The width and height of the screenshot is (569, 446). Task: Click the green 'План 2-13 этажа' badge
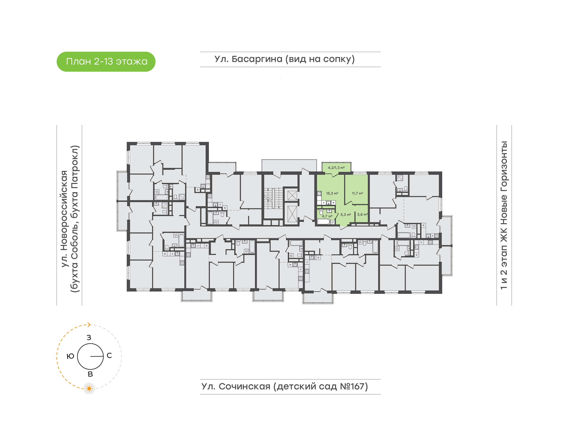(x=106, y=62)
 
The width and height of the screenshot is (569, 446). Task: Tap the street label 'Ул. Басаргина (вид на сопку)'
(x=284, y=59)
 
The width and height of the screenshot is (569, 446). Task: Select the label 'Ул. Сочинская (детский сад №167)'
(x=284, y=386)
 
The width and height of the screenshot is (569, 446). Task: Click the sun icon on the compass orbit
(x=89, y=389)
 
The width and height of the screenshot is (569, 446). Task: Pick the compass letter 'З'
(x=89, y=338)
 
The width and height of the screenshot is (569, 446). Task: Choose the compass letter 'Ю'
(x=70, y=356)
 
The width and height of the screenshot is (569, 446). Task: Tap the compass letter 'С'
(x=109, y=355)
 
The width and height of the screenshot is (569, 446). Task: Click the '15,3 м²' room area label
(x=332, y=193)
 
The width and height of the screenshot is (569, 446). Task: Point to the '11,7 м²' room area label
(x=357, y=193)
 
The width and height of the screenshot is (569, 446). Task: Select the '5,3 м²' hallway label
(x=346, y=215)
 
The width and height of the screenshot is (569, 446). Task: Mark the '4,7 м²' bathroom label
(x=327, y=216)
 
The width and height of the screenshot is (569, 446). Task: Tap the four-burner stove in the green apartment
(x=319, y=193)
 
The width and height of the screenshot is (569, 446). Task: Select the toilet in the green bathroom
(x=321, y=212)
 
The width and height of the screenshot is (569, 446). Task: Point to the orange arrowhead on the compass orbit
(x=89, y=325)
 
